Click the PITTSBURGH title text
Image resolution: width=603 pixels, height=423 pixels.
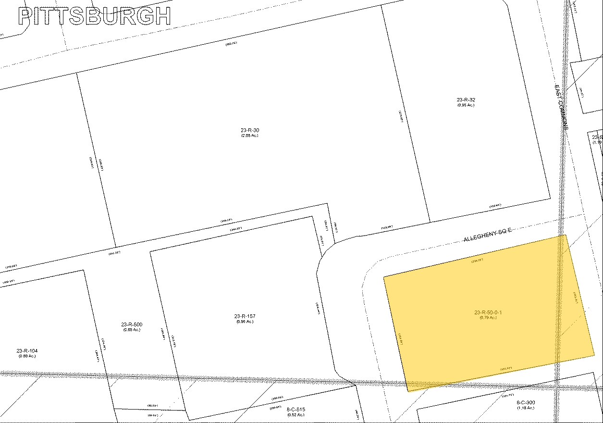(x=94, y=16)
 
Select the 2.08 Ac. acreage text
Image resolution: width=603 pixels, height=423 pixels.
(x=250, y=136)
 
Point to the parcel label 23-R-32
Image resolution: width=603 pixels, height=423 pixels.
(x=466, y=100)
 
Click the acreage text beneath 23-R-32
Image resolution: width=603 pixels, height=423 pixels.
(x=466, y=105)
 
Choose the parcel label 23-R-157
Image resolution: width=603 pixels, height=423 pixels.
(x=245, y=316)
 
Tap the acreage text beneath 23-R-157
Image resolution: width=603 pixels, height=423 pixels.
(x=245, y=322)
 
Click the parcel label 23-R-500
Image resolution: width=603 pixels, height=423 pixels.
(x=131, y=324)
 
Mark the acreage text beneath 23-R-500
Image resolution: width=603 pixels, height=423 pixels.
(x=131, y=330)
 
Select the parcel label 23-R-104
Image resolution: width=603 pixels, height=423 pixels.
(x=27, y=351)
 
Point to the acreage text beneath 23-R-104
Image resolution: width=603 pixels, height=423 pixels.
(x=27, y=356)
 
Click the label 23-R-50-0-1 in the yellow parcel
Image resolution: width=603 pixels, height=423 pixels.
(x=488, y=313)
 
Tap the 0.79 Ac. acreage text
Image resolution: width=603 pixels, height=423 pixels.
(x=488, y=318)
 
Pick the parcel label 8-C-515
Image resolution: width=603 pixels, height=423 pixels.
(x=295, y=409)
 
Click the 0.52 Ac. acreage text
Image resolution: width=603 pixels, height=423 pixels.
(x=295, y=414)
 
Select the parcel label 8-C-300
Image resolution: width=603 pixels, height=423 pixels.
(x=525, y=403)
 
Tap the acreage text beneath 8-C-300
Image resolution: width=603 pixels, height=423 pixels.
(x=525, y=408)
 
